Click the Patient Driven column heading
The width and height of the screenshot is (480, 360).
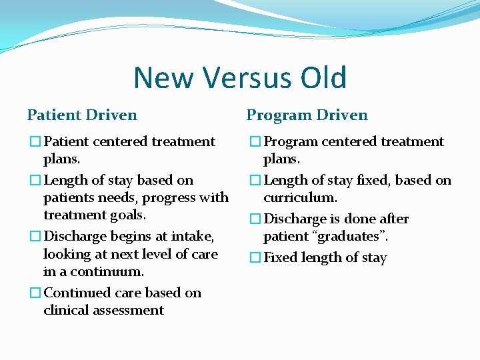pos(82,115)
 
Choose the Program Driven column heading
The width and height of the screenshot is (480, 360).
pos(307,115)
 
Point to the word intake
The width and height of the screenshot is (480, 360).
pos(193,237)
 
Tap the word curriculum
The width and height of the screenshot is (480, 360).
pos(300,198)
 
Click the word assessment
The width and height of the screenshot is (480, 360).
pos(130,310)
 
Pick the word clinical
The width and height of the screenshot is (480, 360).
pos(64,310)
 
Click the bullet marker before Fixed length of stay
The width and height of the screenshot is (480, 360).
pos(255,258)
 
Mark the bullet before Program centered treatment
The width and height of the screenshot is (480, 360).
pos(255,141)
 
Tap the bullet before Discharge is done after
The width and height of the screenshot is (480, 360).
pos(255,219)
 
